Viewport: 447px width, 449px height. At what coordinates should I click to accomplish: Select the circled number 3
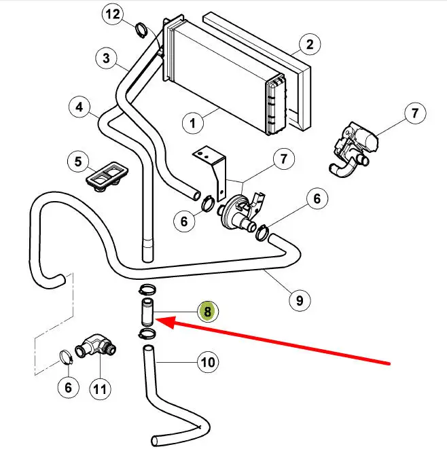pyautogui.click(x=107, y=58)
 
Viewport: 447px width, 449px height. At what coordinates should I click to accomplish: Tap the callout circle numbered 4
pyautogui.click(x=79, y=107)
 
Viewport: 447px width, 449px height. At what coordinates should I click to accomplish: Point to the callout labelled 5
pyautogui.click(x=78, y=162)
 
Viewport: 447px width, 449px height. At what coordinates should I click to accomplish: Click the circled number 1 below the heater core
pyautogui.click(x=193, y=123)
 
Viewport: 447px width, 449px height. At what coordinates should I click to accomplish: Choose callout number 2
pyautogui.click(x=309, y=45)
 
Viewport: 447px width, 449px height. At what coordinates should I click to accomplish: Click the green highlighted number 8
pyautogui.click(x=207, y=312)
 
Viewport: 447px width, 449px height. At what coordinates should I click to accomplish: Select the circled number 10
pyautogui.click(x=209, y=362)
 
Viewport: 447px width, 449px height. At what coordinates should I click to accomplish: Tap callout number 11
pyautogui.click(x=100, y=389)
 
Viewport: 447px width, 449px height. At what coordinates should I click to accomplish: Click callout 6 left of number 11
pyautogui.click(x=67, y=389)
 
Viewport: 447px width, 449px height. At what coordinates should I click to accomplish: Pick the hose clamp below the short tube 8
pyautogui.click(x=146, y=332)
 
